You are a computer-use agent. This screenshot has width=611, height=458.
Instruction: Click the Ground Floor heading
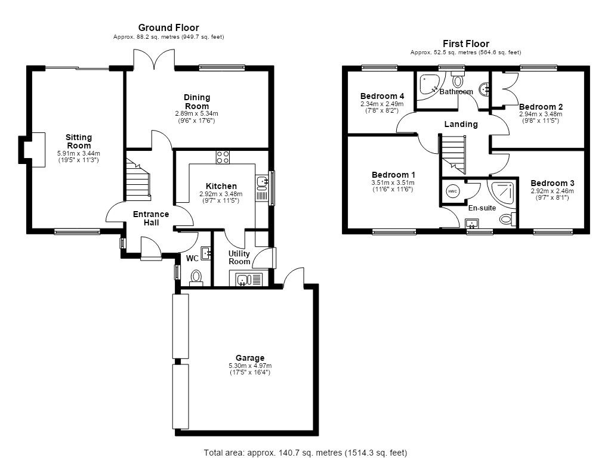tap(168, 27)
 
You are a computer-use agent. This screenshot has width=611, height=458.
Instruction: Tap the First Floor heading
tap(465, 44)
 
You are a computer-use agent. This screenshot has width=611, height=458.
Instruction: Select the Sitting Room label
tap(79, 141)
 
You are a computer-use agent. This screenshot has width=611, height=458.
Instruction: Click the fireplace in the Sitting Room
tap(32, 150)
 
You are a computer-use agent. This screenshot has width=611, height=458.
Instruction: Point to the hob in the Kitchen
tap(223, 157)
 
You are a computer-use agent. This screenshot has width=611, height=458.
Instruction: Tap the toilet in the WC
tap(196, 277)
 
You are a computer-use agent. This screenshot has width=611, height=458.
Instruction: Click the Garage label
tap(250, 358)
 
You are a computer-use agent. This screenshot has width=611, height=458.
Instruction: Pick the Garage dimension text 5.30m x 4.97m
tap(250, 366)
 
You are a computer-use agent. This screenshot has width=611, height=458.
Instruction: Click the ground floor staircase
tap(138, 179)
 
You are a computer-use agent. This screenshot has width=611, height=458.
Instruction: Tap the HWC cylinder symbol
tap(452, 191)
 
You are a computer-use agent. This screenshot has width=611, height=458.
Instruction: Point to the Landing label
tap(461, 124)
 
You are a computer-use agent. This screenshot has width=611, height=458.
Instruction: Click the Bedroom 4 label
tap(382, 96)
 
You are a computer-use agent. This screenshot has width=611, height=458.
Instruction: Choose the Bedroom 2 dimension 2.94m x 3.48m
tap(541, 114)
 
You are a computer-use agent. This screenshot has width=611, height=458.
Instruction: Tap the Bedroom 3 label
tap(552, 183)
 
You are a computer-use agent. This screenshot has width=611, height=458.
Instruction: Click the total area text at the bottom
tap(305, 453)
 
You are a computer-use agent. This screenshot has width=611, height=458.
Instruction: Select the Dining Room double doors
tap(155, 59)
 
